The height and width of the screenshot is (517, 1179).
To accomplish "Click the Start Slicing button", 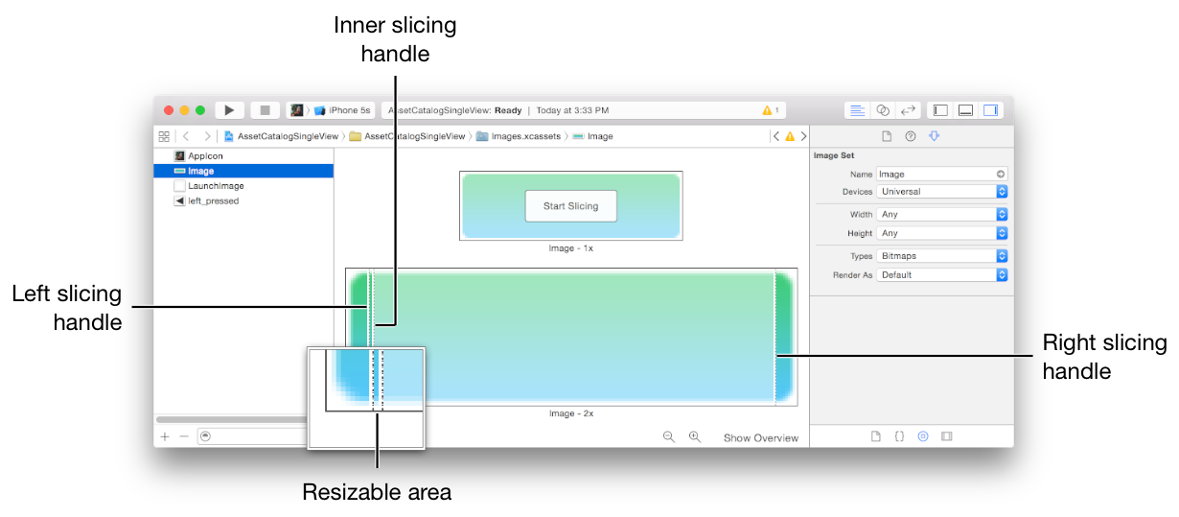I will (570, 206).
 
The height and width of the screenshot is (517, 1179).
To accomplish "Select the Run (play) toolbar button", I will (229, 110).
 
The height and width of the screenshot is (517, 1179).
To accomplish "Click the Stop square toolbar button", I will (266, 110).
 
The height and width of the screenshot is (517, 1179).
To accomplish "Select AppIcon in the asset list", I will (205, 155).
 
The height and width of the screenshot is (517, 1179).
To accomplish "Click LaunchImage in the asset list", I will (215, 186).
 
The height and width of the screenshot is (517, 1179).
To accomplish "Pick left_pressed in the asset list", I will (213, 201).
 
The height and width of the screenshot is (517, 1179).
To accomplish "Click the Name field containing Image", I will (936, 175).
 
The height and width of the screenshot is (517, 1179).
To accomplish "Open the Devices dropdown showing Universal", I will (941, 192).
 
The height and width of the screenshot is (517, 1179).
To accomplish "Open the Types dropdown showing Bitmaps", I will (941, 256).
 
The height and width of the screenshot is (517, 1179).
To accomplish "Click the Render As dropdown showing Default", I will (941, 275).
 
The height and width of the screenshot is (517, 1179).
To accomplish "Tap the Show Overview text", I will (760, 438).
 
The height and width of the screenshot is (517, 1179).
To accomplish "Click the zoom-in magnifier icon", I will (695, 437).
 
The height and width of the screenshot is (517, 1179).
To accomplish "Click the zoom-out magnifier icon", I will (669, 437).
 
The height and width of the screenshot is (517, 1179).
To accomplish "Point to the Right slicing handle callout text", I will (1104, 357).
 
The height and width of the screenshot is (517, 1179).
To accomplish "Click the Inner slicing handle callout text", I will (395, 39).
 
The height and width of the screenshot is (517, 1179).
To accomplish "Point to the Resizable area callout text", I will (377, 493).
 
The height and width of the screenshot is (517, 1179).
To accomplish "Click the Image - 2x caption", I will (570, 413).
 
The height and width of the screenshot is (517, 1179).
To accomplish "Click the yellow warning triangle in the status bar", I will (767, 110).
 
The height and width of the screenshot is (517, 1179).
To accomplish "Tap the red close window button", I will (169, 110).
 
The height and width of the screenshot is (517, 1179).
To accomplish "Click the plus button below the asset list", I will (165, 436).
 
